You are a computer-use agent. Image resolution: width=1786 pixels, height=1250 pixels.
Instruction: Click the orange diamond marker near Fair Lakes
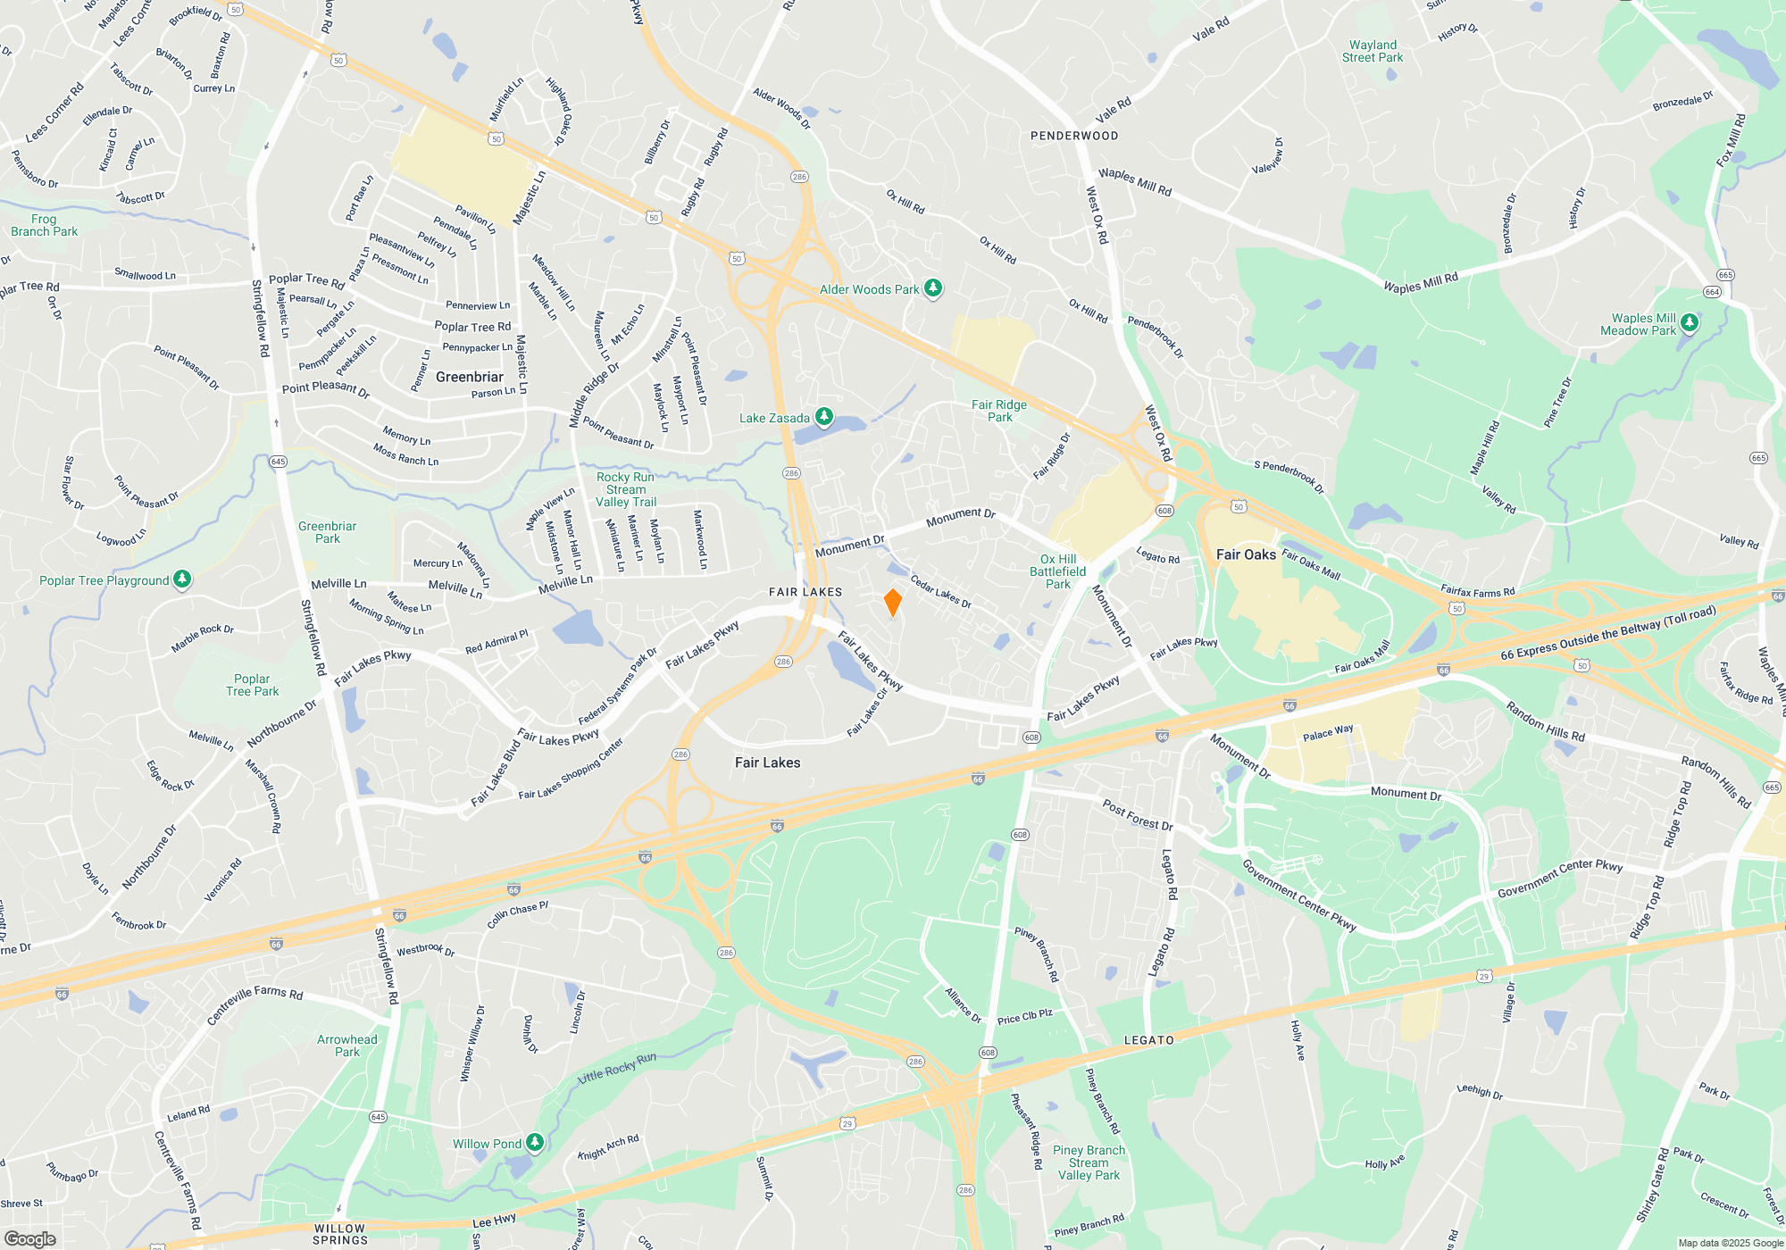[892, 603]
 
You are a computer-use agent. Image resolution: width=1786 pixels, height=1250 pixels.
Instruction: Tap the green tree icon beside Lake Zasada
[824, 417]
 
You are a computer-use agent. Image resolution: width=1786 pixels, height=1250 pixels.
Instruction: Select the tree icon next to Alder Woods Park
[933, 288]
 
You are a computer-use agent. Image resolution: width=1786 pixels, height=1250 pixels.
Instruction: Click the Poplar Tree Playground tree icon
[182, 579]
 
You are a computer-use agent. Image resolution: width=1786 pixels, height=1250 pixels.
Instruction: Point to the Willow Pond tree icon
[535, 1143]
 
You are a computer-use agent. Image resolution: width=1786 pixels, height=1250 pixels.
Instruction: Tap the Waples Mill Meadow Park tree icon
[1689, 323]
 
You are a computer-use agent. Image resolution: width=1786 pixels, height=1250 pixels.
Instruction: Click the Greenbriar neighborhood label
[470, 377]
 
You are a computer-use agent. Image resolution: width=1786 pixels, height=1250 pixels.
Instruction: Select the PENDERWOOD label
[1074, 136]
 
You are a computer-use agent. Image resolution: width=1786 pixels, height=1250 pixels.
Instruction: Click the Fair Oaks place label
[1246, 554]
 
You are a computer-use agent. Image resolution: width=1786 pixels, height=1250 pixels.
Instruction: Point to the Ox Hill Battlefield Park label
[1058, 571]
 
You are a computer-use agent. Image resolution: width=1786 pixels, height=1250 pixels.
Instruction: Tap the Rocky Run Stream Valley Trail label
[626, 489]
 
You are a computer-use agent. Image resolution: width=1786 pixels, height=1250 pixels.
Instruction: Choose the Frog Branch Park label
[45, 225]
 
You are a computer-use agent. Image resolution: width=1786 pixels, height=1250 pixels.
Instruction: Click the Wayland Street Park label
[1373, 51]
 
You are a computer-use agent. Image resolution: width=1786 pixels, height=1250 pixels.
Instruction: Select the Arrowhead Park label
[347, 1046]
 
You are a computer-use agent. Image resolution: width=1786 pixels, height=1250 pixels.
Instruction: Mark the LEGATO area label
[1149, 1040]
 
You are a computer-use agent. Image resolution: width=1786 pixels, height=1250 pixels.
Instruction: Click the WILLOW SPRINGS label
[340, 1234]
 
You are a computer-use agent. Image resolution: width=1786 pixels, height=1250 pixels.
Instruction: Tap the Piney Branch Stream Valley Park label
[1089, 1162]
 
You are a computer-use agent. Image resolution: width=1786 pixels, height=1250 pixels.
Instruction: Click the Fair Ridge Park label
[999, 411]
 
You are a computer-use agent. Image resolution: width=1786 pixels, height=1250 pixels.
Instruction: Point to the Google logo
[29, 1239]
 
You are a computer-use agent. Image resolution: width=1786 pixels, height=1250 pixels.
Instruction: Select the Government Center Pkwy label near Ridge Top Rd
[1560, 878]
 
